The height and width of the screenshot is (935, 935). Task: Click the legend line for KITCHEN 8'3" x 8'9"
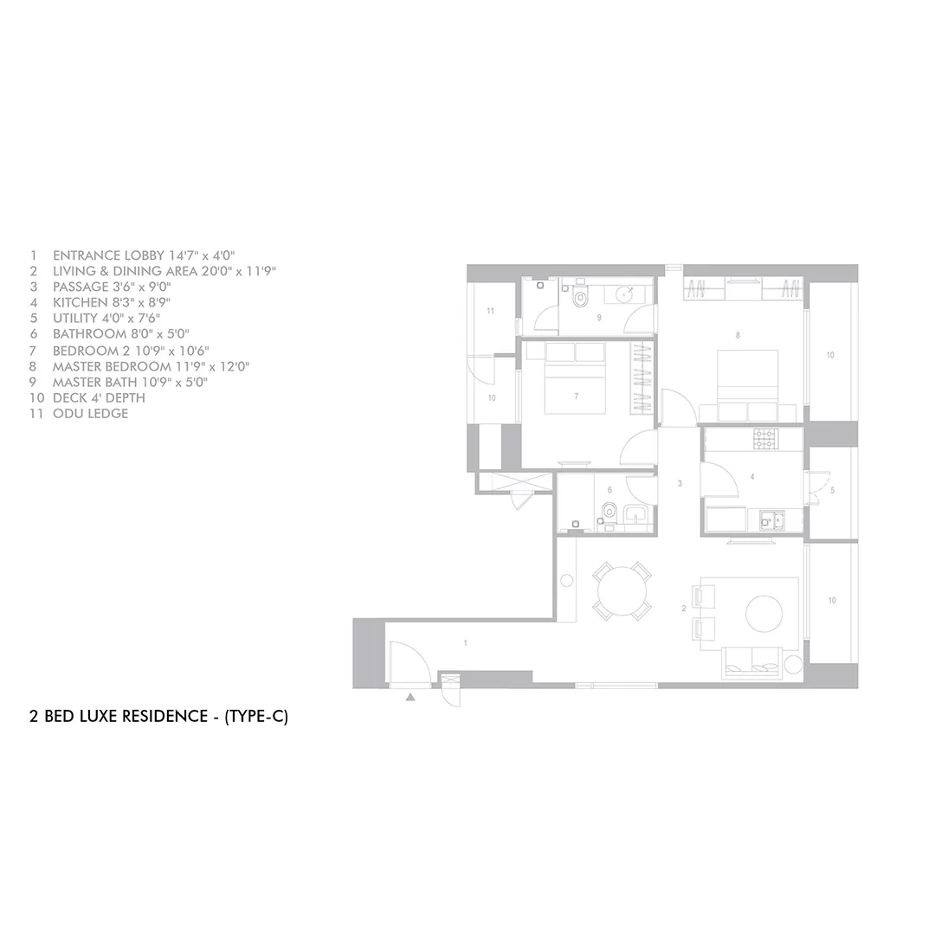pyautogui.click(x=100, y=302)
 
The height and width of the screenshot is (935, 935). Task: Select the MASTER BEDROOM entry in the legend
pyautogui.click(x=139, y=366)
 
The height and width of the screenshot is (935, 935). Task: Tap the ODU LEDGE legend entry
pyautogui.click(x=79, y=413)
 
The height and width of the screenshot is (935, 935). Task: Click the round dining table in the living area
pyautogui.click(x=622, y=591)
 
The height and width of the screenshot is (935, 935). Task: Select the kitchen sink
pyautogui.click(x=772, y=520)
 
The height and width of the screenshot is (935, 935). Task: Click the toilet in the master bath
pyautogui.click(x=579, y=296)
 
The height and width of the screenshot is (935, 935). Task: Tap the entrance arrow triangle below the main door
pyautogui.click(x=410, y=696)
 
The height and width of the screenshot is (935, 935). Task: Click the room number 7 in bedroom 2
pyautogui.click(x=576, y=396)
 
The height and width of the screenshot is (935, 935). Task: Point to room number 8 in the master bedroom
pyautogui.click(x=738, y=335)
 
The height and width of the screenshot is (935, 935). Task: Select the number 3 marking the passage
pyautogui.click(x=680, y=484)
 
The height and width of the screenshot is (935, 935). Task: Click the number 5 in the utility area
pyautogui.click(x=833, y=490)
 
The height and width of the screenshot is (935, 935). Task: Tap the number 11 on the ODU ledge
pyautogui.click(x=490, y=311)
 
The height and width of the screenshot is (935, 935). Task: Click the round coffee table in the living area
pyautogui.click(x=764, y=614)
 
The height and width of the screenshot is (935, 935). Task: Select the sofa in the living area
pyautogui.click(x=752, y=663)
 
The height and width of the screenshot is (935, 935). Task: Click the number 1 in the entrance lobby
pyautogui.click(x=465, y=642)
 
